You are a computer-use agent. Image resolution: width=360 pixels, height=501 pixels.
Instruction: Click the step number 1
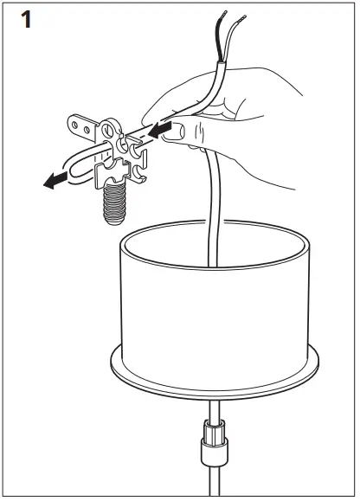27,19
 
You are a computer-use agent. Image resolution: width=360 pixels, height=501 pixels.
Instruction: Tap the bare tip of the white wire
239,17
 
